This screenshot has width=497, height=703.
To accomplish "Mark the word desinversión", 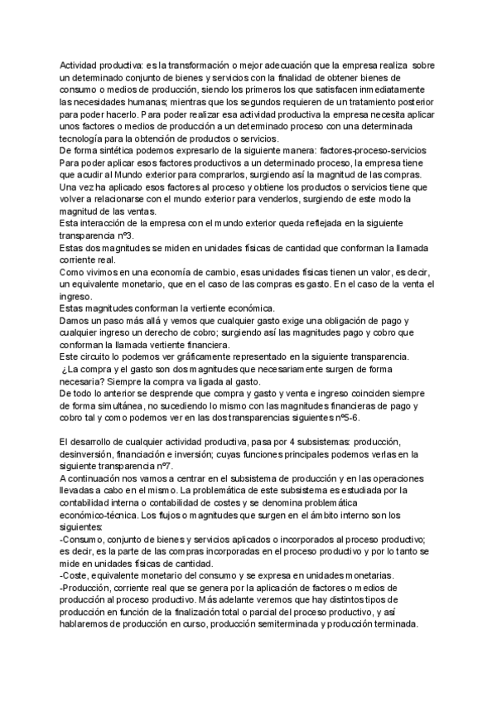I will [89, 453].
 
